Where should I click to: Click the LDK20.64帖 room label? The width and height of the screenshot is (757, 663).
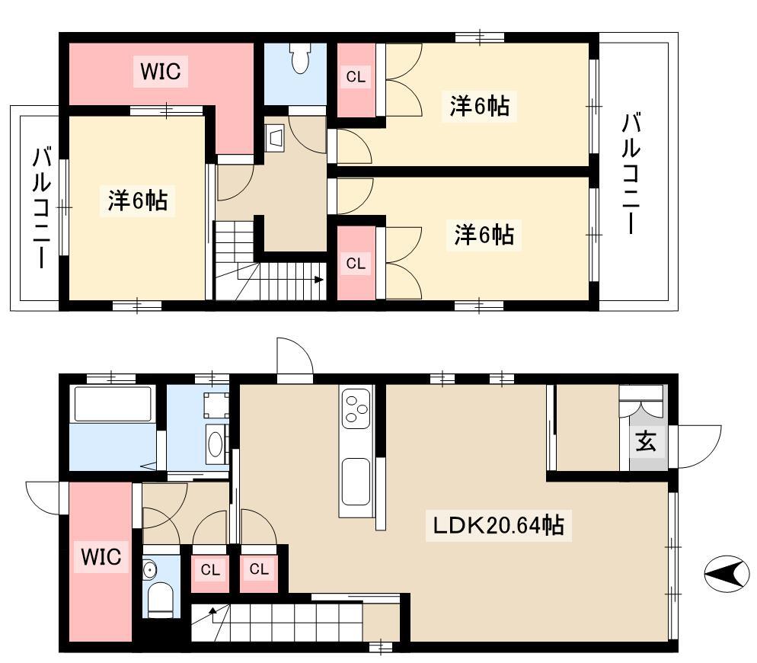pos(498,525)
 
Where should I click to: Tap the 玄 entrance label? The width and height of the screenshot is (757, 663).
pos(646,440)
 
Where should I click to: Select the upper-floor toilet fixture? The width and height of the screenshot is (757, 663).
pos(300,57)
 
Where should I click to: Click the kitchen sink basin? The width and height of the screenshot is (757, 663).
pos(356,482)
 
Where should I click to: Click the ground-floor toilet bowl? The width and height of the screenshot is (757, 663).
pos(160,601)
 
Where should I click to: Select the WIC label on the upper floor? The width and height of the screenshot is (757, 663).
pos(161,71)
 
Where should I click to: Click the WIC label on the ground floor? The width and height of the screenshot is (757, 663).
pos(101,556)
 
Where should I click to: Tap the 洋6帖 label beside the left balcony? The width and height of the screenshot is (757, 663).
pos(138,200)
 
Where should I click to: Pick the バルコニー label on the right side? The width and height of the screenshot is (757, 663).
pos(631,173)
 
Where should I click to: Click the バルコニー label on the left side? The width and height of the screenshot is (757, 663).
pos(42,207)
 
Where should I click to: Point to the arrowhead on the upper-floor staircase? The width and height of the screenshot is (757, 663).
pos(318,280)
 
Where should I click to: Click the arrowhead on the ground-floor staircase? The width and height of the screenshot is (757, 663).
pos(212,611)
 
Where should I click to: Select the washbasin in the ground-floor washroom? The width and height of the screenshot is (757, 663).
pos(215,444)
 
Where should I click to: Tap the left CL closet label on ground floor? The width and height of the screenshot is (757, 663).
pos(210,570)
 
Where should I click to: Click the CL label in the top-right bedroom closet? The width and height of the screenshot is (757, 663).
pos(356,77)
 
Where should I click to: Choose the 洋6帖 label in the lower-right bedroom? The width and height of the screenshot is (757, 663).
pos(484,235)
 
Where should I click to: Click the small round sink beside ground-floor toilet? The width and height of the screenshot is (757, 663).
pos(151,570)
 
